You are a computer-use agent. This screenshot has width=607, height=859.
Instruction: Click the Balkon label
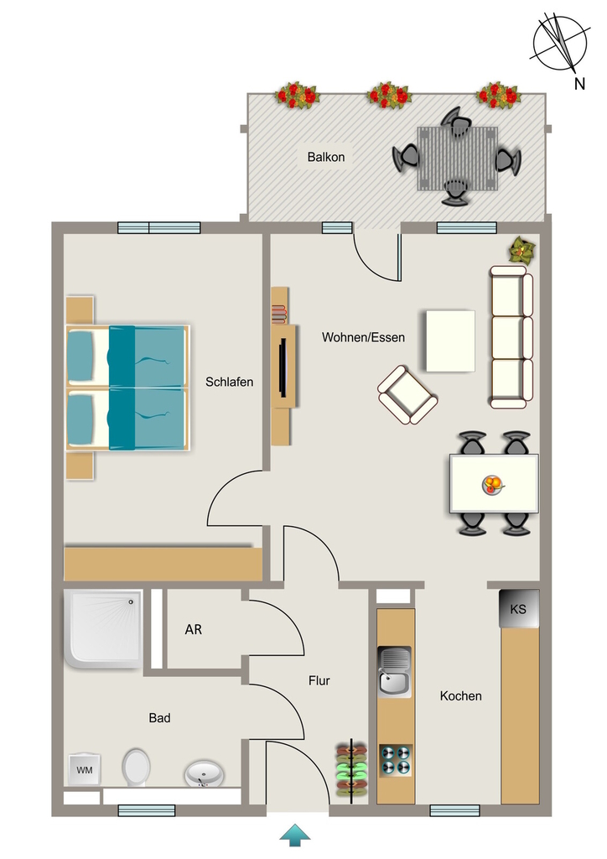tap(325, 157)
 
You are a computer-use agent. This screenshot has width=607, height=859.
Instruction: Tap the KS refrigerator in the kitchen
tap(518, 609)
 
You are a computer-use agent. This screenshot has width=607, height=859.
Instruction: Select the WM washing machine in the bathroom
tap(85, 770)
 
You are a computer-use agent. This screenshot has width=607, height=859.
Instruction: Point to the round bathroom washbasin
tap(204, 774)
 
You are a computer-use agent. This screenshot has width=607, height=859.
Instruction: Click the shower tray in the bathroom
tap(103, 629)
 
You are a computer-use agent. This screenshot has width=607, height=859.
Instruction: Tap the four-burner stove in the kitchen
tap(395, 760)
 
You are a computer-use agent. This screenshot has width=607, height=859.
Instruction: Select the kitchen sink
tap(395, 672)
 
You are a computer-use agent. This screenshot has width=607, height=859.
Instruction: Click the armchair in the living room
tap(407, 395)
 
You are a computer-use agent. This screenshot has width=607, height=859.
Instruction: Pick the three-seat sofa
tap(511, 337)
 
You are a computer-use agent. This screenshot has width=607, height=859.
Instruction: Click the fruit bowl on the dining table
tap(493, 484)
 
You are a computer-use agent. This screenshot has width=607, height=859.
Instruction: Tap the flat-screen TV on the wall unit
tap(283, 367)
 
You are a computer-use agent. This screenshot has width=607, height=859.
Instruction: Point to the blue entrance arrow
tap(295, 835)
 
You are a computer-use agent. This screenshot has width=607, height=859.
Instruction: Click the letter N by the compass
tap(579, 84)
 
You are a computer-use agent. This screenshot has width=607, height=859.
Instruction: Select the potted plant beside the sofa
tap(521, 250)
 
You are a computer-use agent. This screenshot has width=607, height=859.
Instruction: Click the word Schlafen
tap(230, 382)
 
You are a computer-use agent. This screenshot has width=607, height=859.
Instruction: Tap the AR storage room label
tap(193, 629)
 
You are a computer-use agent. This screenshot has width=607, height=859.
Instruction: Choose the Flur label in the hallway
tap(319, 680)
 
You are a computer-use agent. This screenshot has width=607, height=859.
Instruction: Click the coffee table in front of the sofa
tap(450, 341)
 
